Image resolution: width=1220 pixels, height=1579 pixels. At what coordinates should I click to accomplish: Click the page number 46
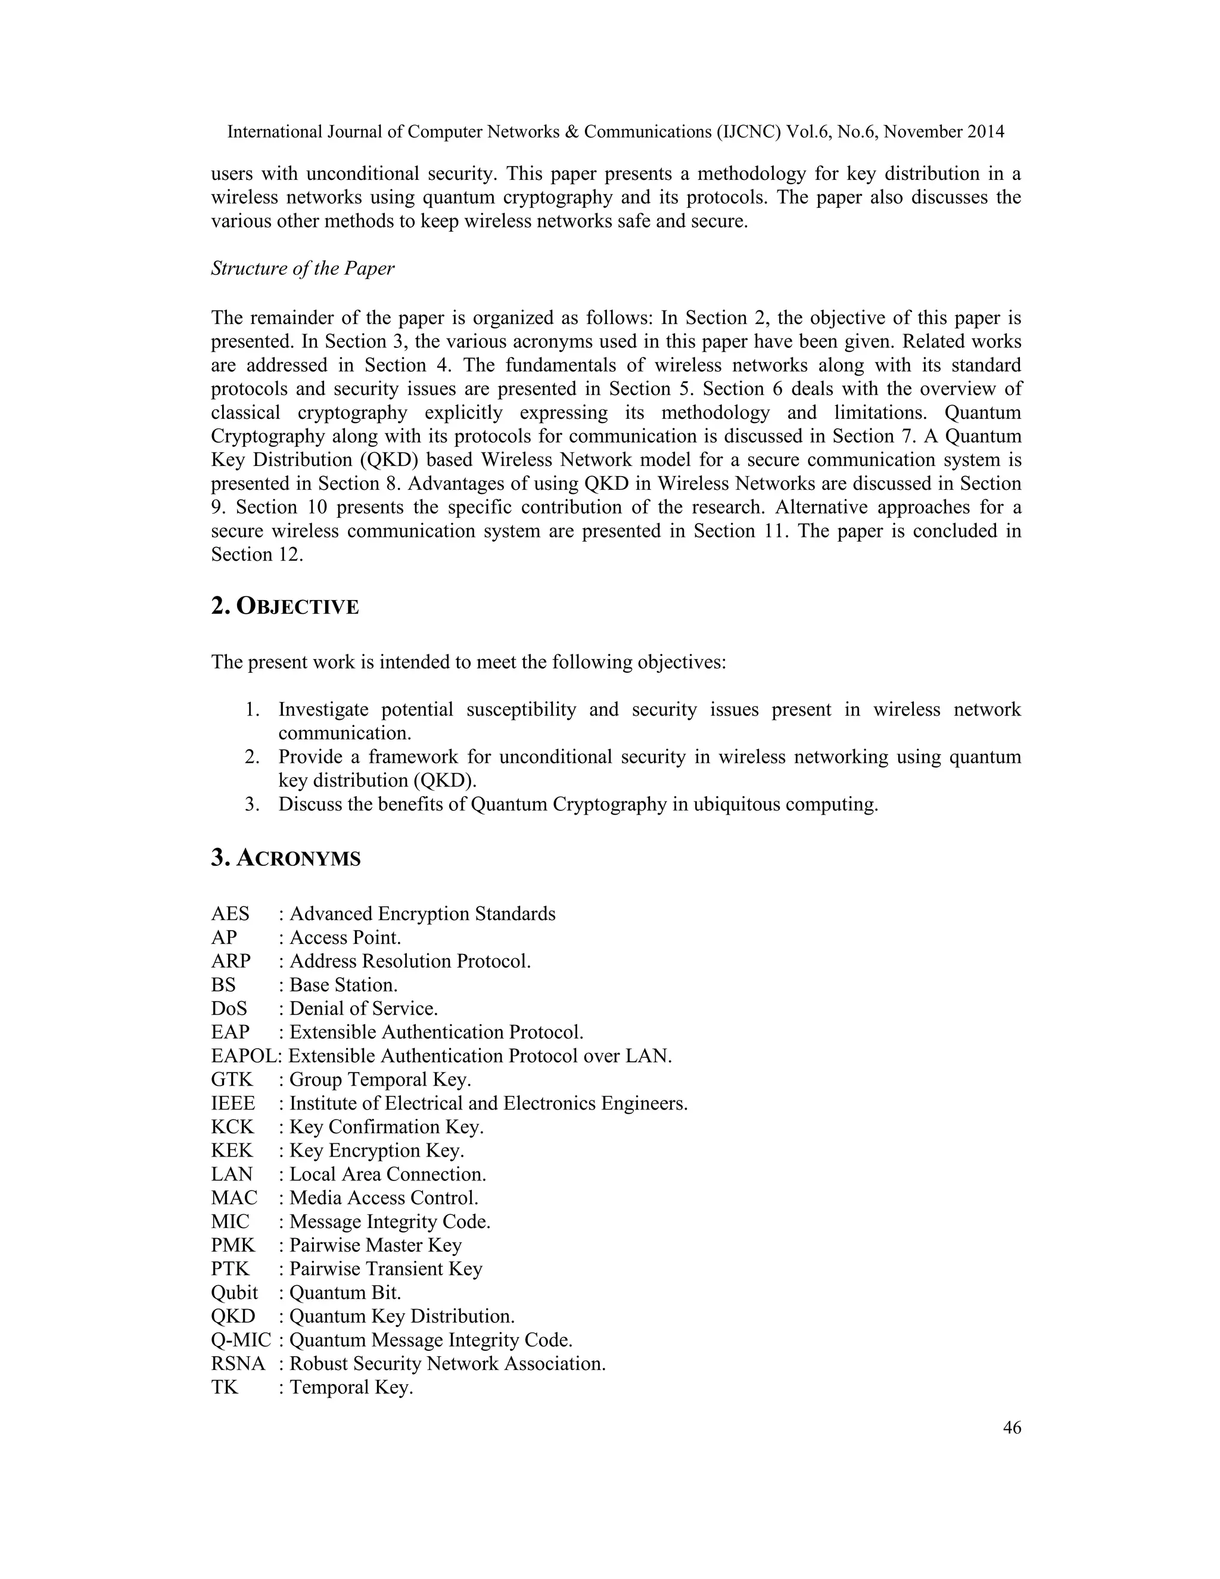[x=1012, y=1428]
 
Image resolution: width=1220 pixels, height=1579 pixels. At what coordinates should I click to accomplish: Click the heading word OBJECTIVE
[x=297, y=607]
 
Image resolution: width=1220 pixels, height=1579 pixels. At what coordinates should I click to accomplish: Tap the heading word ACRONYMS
[x=298, y=858]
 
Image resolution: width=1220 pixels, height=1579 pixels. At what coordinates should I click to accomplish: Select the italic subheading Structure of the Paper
[x=302, y=268]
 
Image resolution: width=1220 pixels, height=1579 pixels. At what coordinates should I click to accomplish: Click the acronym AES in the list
[x=230, y=914]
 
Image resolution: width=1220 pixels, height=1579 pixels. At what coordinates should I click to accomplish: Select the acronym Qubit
[x=234, y=1293]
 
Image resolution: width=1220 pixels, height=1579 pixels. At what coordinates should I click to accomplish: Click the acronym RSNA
[x=238, y=1363]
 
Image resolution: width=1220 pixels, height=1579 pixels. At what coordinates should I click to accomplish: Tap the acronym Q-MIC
[x=241, y=1339]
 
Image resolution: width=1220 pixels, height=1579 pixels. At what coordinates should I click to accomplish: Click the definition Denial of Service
[x=363, y=1009]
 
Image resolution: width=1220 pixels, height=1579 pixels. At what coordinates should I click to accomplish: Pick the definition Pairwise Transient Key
[x=386, y=1269]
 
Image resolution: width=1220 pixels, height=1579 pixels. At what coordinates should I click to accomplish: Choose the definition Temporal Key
[x=351, y=1387]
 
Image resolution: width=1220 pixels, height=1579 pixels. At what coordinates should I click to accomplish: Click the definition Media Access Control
[x=384, y=1198]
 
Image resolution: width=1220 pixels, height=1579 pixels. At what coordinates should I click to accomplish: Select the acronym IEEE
[x=233, y=1104]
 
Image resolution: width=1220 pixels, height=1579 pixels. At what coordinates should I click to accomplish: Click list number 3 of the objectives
[x=251, y=804]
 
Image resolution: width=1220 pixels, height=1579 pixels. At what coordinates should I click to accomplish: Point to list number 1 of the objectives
[x=251, y=710]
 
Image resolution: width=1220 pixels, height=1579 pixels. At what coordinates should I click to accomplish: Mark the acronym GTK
[x=232, y=1080]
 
